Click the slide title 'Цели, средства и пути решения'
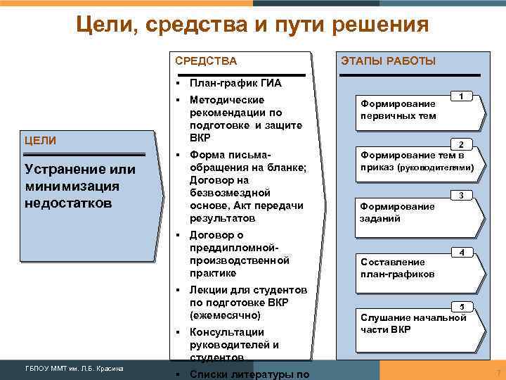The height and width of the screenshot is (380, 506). coord(252,26)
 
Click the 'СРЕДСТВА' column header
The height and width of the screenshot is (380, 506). coord(206,61)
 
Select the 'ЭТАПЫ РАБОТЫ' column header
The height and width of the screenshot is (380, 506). coord(388,61)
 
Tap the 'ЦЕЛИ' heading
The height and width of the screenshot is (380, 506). coord(40,141)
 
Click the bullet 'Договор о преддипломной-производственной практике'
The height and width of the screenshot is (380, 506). coord(239,254)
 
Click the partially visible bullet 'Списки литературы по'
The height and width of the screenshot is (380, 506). coord(249,374)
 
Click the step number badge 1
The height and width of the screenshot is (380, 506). coord(460,95)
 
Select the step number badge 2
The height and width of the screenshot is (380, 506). coord(460,144)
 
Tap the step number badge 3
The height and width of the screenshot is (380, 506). coord(460,195)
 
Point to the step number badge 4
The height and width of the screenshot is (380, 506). coord(460,252)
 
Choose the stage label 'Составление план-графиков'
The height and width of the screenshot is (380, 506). coord(397,267)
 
